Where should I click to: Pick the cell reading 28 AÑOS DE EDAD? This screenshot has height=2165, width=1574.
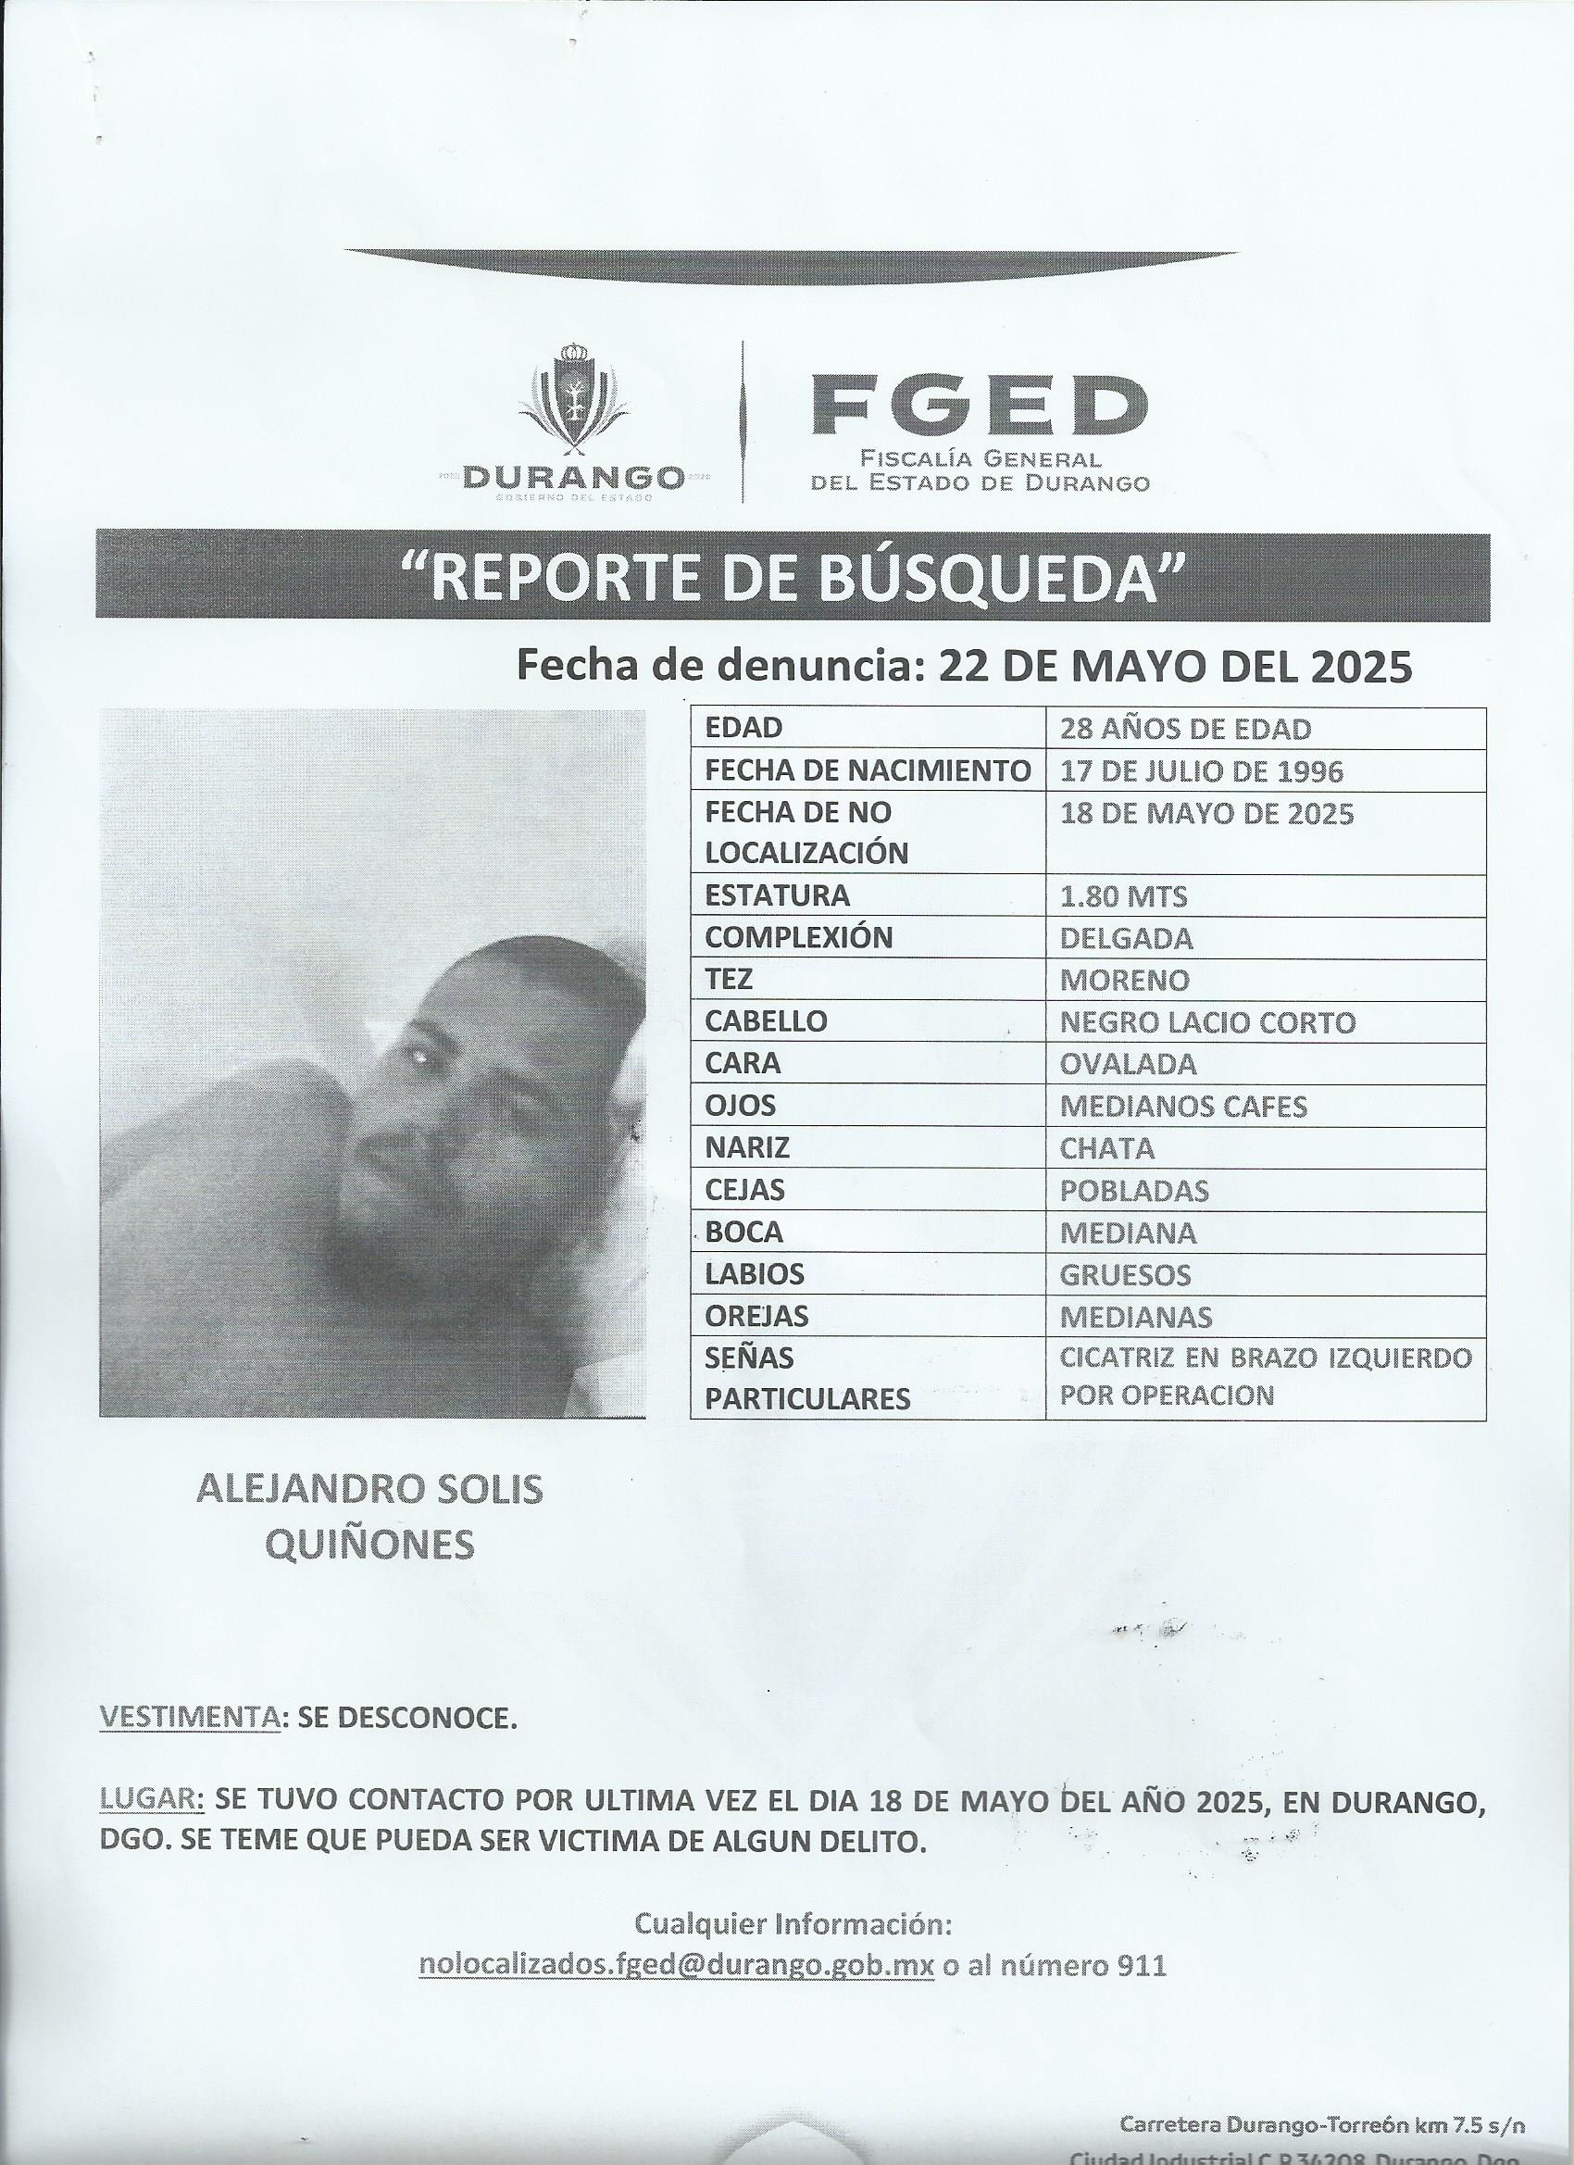1184,730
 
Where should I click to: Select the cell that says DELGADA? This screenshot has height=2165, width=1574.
1125,938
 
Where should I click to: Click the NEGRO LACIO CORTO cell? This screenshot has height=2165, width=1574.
1206,1022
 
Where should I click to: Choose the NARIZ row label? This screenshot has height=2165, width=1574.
746,1147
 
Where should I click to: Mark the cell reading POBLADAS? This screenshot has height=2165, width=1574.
1133,1190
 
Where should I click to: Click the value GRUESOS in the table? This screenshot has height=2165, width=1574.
1124,1274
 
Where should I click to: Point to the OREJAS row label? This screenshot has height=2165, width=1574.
756,1317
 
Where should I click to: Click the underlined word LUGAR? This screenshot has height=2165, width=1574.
151,1799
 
